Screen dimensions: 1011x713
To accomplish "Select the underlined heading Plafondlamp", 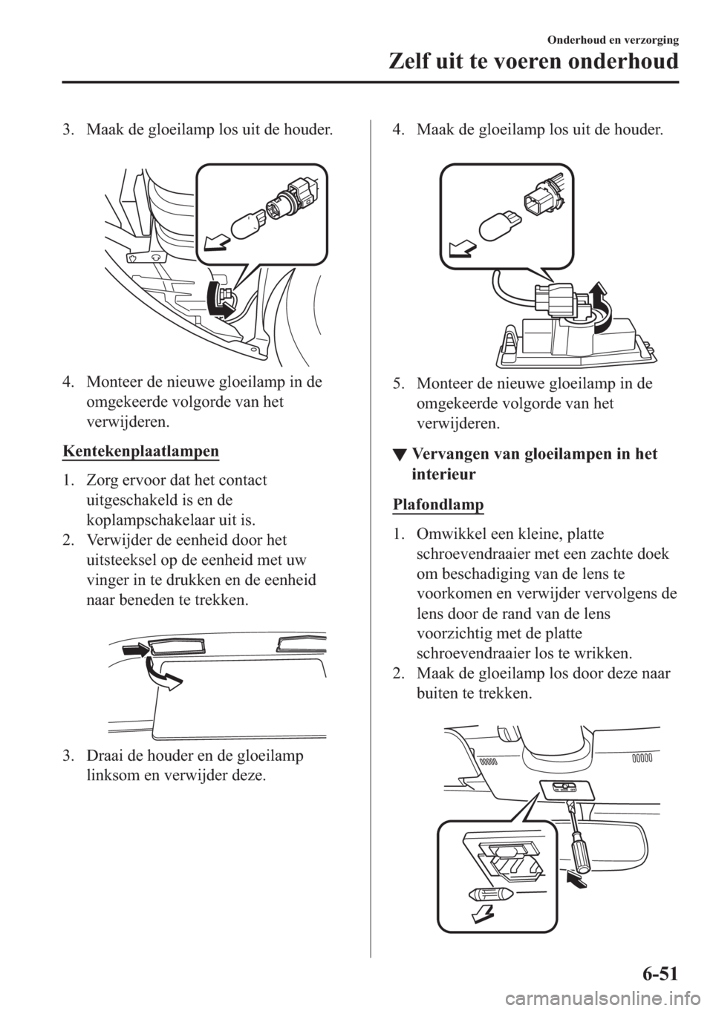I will pyautogui.click(x=437, y=505).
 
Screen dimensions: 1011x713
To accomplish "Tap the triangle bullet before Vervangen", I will pyautogui.click(x=398, y=455).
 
